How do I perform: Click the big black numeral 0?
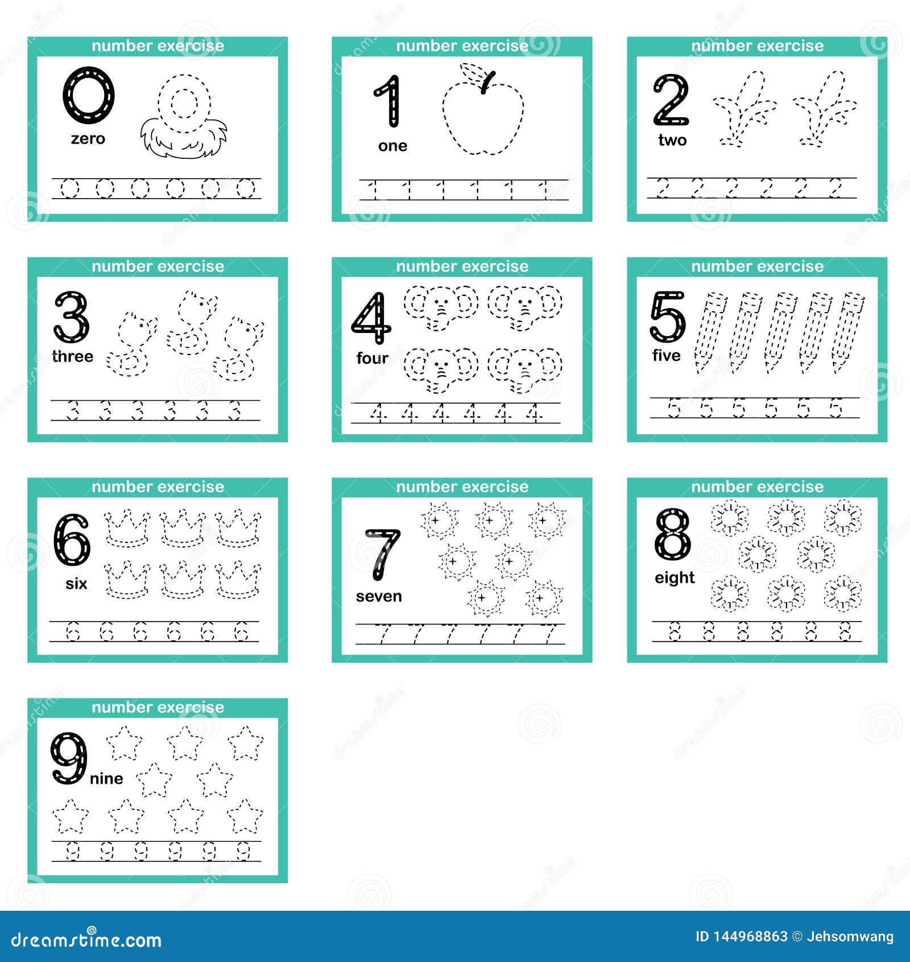point(89,95)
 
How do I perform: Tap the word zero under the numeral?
point(88,139)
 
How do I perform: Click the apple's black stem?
point(487,83)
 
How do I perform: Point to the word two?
point(672,140)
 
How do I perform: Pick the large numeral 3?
point(72,316)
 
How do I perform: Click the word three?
point(72,356)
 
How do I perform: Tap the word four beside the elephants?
point(372,358)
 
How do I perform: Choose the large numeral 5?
point(668,316)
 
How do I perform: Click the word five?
point(667,356)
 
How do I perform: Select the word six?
point(76,583)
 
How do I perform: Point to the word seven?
point(379,597)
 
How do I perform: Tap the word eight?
point(675,578)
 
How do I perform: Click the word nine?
point(106,779)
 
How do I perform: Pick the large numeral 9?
point(69,758)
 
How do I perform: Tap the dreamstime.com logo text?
point(86,940)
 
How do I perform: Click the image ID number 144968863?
point(750,937)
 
